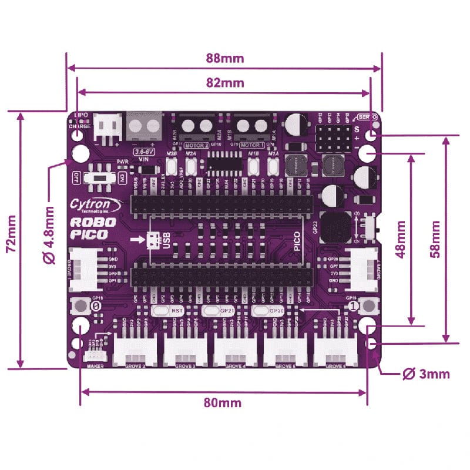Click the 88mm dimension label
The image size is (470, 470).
click(224, 59)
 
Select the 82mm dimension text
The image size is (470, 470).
click(224, 83)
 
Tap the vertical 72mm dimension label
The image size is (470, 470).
click(10, 241)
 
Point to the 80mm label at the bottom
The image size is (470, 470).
click(222, 402)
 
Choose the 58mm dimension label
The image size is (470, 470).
click(435, 240)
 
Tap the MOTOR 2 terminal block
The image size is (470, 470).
click(197, 126)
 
